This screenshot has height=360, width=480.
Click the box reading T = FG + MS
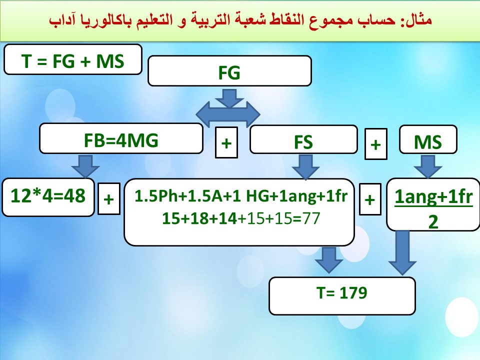pyautogui.click(x=73, y=59)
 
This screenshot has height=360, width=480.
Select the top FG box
pyautogui.click(x=229, y=70)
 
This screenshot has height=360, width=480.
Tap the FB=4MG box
pyautogui.click(x=121, y=138)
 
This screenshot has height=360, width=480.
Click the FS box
pyautogui.click(x=303, y=139)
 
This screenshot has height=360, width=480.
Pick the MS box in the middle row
pyautogui.click(x=428, y=139)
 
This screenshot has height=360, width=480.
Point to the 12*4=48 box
pyautogui.click(x=48, y=197)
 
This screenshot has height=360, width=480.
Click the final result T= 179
pyautogui.click(x=342, y=295)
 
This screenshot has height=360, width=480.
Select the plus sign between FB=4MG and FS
pyautogui.click(x=226, y=142)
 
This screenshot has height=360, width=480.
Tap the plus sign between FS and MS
pyautogui.click(x=376, y=144)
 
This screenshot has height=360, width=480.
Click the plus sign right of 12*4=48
pyautogui.click(x=109, y=198)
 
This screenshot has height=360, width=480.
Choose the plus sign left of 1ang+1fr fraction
pyautogui.click(x=370, y=199)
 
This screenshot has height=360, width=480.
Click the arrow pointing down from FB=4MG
pyautogui.click(x=85, y=166)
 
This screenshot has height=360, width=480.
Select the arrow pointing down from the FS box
pyautogui.click(x=305, y=167)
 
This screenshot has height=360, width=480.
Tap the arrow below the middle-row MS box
pyautogui.click(x=428, y=166)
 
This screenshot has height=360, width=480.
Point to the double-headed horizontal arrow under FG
pyautogui.click(x=228, y=114)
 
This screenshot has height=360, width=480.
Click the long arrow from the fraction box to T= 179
pyautogui.click(x=402, y=252)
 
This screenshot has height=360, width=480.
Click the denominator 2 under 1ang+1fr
pyautogui.click(x=433, y=221)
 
